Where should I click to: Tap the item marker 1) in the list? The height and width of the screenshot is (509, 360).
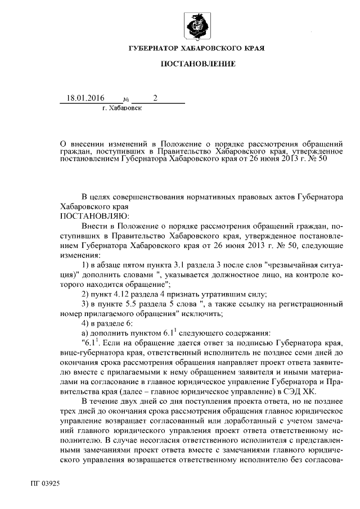[x=86, y=265]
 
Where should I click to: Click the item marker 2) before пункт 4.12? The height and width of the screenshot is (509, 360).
[x=86, y=294]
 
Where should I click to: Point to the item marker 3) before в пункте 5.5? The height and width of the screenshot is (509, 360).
[x=86, y=304]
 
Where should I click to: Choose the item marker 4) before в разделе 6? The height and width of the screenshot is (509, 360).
[x=86, y=323]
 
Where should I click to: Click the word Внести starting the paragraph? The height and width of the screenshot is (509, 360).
[x=95, y=226]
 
